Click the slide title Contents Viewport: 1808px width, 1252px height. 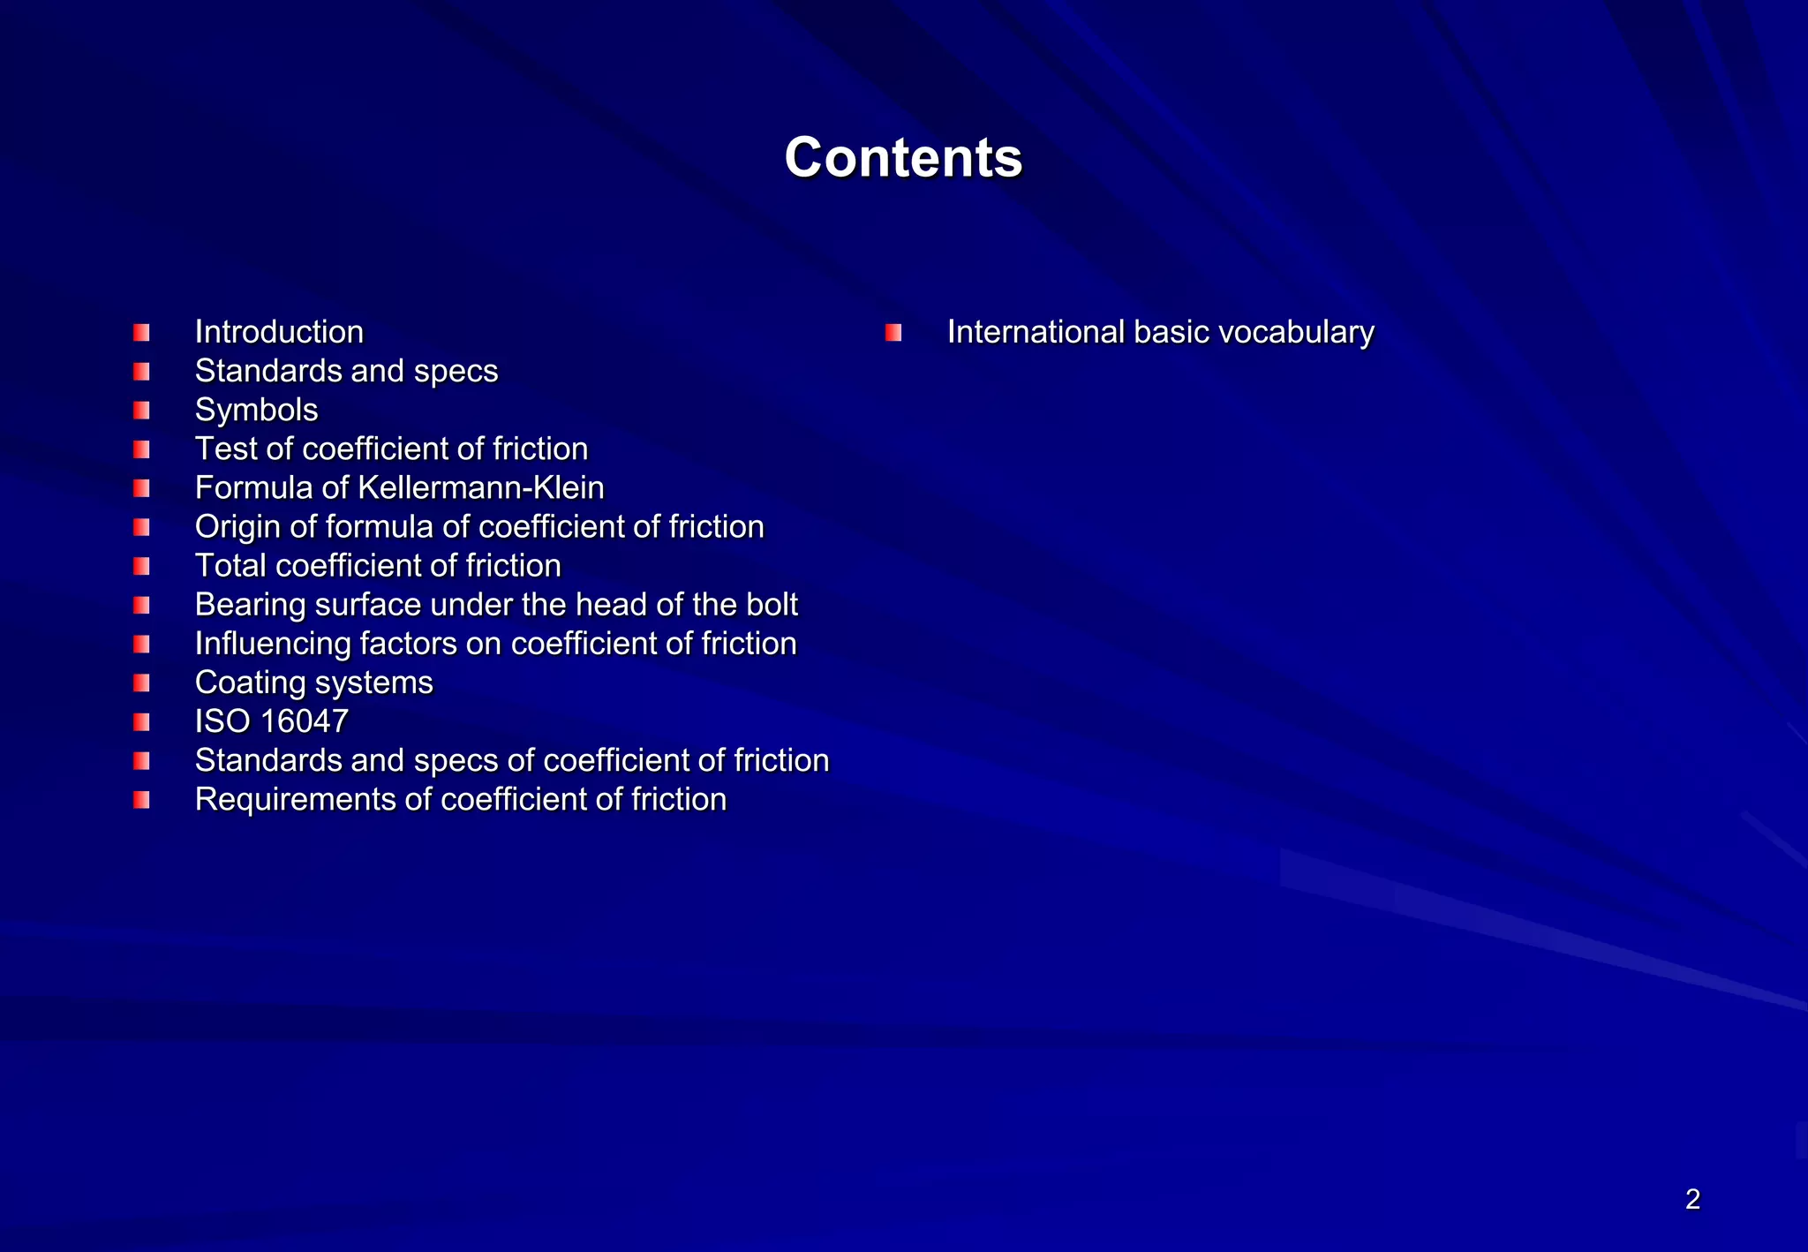pos(903,157)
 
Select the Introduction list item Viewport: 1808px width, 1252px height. pos(279,332)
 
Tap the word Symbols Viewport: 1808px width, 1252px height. pos(256,410)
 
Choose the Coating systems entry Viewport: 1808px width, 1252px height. pos(313,683)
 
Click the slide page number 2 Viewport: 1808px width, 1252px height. pos(1692,1199)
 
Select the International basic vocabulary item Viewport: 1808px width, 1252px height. pos(1160,332)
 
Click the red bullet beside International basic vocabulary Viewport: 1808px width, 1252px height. pos(893,333)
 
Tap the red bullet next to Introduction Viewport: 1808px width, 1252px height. pos(141,333)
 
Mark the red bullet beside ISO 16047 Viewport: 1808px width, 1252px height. pos(141,722)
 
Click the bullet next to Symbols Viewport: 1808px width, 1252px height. pos(141,411)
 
